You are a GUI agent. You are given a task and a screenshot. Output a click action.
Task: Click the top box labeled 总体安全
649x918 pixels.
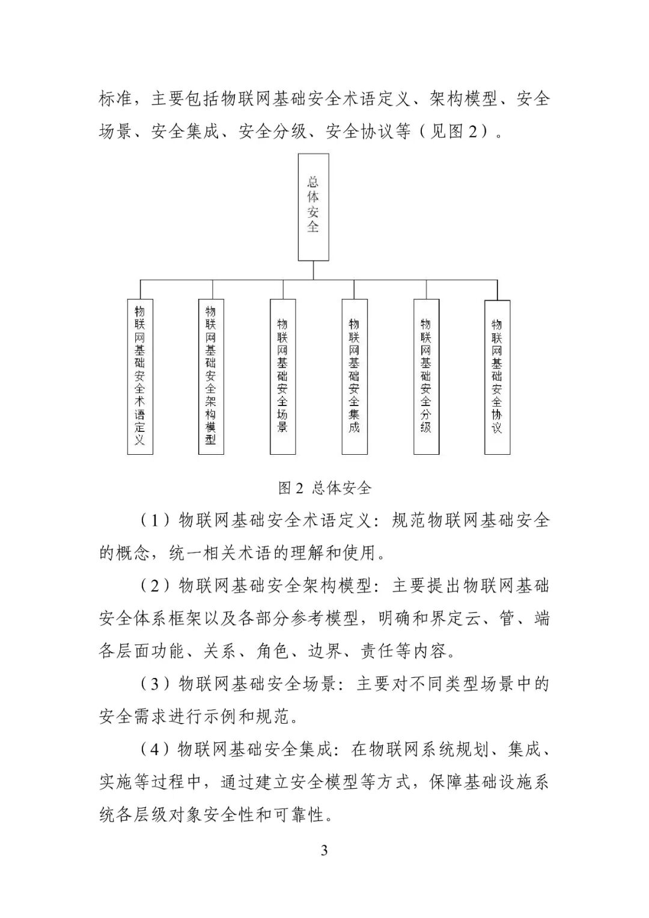(x=313, y=207)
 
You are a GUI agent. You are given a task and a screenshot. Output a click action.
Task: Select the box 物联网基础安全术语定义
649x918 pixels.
(x=140, y=376)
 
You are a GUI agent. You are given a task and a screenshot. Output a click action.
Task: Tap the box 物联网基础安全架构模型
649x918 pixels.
(x=211, y=376)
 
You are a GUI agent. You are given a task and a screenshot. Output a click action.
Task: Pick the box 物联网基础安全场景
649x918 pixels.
(x=282, y=376)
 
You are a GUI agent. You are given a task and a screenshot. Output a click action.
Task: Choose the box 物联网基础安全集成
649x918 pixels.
(x=354, y=376)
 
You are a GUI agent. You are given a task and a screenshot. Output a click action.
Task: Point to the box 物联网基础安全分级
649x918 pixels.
(x=425, y=376)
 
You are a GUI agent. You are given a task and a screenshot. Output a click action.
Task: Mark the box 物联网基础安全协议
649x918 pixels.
(x=497, y=376)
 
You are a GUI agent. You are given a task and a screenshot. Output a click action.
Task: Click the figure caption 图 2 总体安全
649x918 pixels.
(x=324, y=487)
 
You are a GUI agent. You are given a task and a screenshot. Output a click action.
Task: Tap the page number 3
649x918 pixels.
(x=324, y=851)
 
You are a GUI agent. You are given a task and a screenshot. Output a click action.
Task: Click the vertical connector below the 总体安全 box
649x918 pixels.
(x=313, y=270)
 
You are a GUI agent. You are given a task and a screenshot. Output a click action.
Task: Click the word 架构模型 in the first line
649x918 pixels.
(x=463, y=99)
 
